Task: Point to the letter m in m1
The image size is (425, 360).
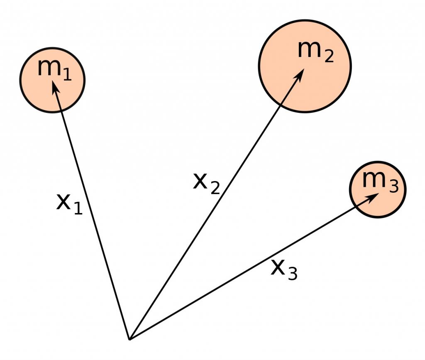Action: (x=48, y=67)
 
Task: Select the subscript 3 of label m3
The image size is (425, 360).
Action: (x=393, y=187)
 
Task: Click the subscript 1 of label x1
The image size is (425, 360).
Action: (x=77, y=208)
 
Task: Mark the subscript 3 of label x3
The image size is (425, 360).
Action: (x=292, y=274)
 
